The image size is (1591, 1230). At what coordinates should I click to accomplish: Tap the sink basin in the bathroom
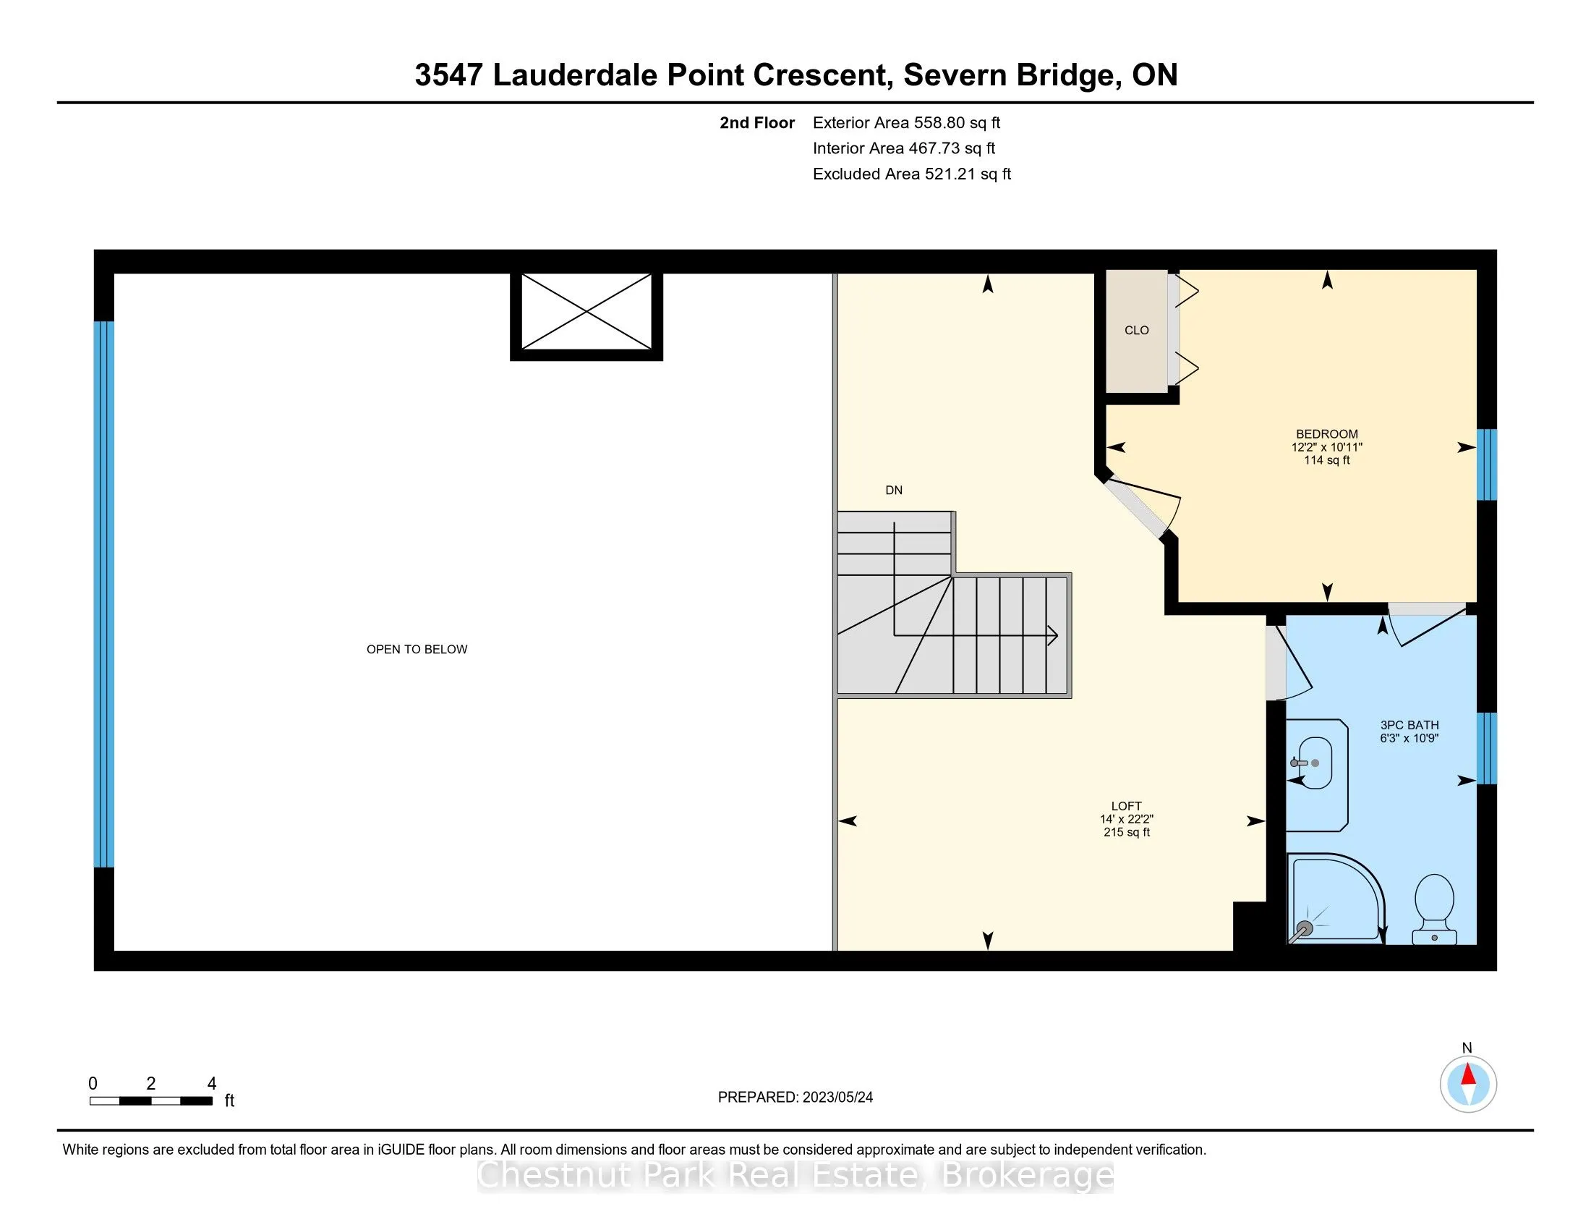[x=1315, y=763]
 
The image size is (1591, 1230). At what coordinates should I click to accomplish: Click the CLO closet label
[x=1136, y=330]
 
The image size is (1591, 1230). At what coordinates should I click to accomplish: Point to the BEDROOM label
[x=1326, y=433]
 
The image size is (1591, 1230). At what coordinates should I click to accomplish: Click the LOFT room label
[x=1126, y=806]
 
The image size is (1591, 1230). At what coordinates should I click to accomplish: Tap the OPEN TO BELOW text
[x=417, y=649]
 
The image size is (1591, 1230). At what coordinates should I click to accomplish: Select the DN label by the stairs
[x=894, y=491]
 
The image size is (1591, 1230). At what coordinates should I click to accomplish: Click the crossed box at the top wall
[x=587, y=313]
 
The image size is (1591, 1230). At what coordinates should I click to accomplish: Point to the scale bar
[x=151, y=1101]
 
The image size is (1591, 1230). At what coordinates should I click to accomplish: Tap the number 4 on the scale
[x=212, y=1084]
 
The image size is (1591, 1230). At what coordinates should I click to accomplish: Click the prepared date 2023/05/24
[x=837, y=1098]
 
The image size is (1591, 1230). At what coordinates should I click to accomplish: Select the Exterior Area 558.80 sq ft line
[x=906, y=123]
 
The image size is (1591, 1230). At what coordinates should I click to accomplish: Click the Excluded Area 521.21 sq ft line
[x=911, y=174]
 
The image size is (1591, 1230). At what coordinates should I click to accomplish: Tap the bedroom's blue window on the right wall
[x=1486, y=465]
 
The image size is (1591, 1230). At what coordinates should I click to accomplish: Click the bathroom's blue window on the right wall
[x=1486, y=748]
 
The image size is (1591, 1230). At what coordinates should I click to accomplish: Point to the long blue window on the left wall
[x=104, y=594]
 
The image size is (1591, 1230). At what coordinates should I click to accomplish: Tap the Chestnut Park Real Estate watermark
[x=795, y=1175]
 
